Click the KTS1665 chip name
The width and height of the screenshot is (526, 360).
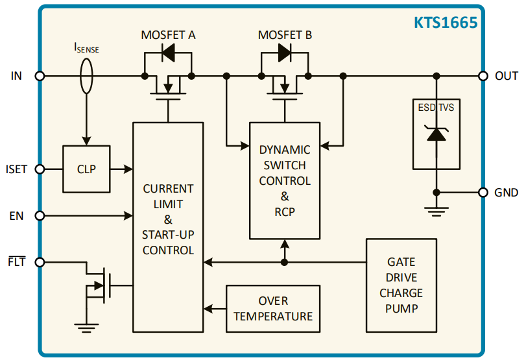tap(446, 23)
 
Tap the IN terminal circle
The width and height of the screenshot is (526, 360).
tap(40, 76)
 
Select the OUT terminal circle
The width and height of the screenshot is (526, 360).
tap(483, 76)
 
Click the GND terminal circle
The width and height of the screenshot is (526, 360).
tap(483, 193)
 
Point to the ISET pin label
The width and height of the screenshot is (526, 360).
tap(16, 169)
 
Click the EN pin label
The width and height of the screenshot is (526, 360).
tap(16, 216)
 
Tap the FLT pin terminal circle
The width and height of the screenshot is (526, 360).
tap(40, 263)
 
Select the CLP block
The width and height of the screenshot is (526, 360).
tap(86, 169)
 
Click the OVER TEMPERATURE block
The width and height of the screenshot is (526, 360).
tap(273, 309)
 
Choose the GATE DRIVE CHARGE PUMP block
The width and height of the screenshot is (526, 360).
tap(401, 285)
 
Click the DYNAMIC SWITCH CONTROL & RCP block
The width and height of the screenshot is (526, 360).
tap(285, 180)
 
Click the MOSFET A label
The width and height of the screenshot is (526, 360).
tap(168, 35)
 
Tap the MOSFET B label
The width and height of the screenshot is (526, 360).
tap(285, 35)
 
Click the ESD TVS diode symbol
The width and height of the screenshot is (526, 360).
tap(436, 134)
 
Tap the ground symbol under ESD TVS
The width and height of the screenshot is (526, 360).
tap(436, 209)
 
